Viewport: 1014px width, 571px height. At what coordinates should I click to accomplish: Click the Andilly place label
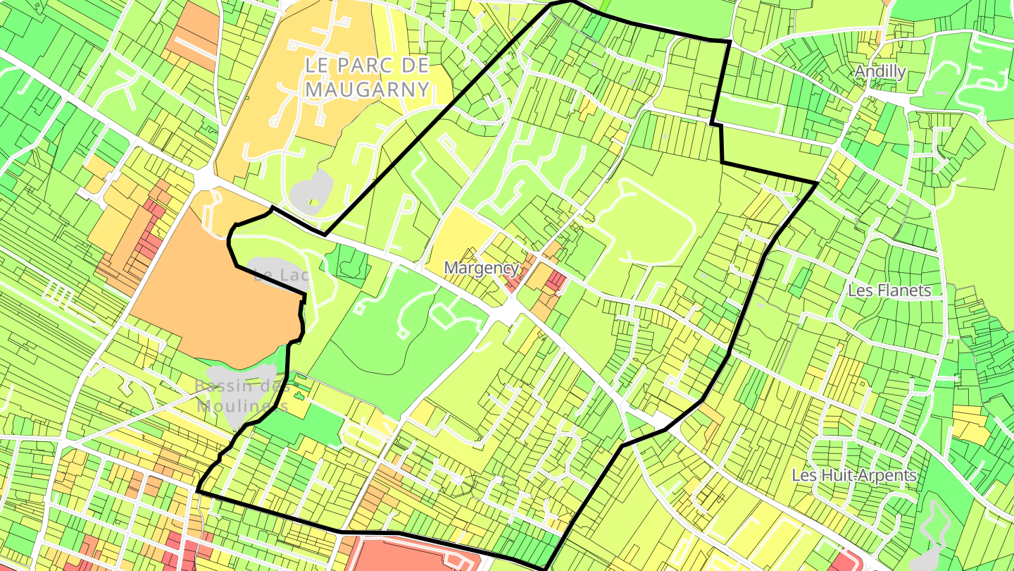click(x=880, y=71)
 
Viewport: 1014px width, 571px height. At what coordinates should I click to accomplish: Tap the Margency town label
click(x=482, y=268)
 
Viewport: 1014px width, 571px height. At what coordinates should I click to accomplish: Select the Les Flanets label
click(x=889, y=290)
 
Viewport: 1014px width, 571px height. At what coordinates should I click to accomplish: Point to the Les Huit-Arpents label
click(x=853, y=475)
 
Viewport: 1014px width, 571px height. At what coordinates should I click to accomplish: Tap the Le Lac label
click(x=280, y=274)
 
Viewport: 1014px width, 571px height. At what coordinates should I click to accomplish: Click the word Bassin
click(x=224, y=386)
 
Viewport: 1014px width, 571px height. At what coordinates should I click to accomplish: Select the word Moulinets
click(x=242, y=406)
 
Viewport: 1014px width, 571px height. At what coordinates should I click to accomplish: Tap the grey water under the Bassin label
click(x=239, y=395)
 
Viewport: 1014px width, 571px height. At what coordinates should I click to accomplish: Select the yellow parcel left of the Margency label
click(x=461, y=233)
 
